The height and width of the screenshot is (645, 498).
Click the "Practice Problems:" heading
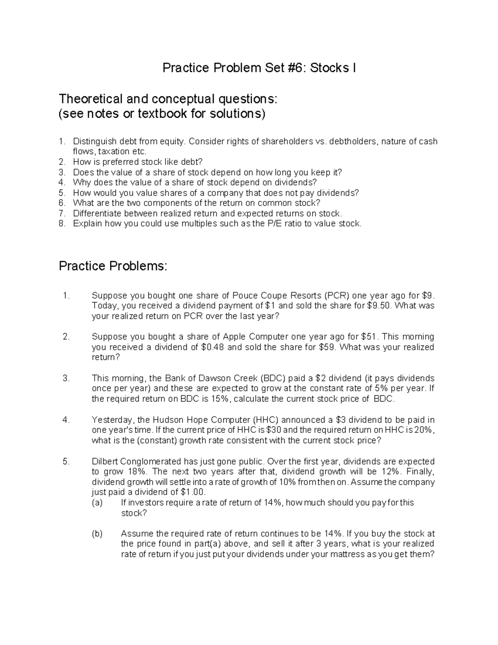[x=113, y=266]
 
